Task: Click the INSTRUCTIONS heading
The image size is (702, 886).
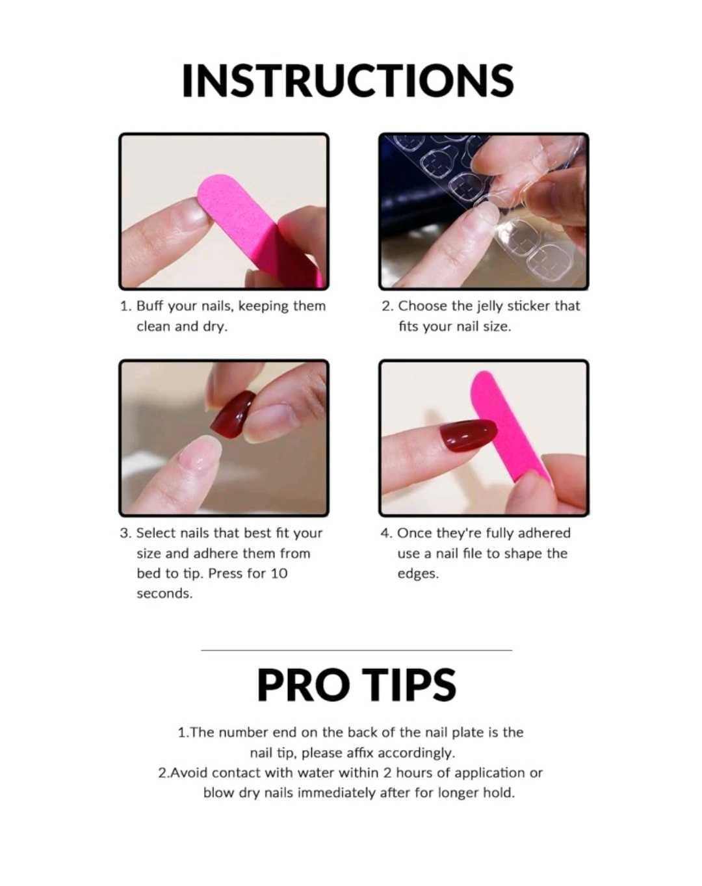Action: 348,81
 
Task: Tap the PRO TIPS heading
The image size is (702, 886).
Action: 357,684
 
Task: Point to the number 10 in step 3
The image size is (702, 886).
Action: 279,573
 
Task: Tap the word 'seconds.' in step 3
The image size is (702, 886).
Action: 164,593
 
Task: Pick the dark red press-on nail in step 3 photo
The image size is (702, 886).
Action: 233,415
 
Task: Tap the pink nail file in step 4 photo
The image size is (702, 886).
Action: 510,428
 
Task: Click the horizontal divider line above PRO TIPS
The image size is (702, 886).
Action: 357,650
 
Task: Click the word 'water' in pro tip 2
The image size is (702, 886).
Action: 316,773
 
